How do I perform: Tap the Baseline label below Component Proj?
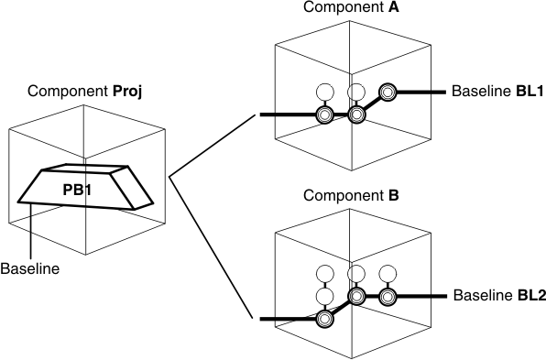[x=29, y=269]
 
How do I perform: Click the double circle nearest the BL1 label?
[x=388, y=93]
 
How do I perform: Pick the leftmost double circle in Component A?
[x=324, y=115]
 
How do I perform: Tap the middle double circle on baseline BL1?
[x=357, y=115]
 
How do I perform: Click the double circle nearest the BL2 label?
[x=388, y=297]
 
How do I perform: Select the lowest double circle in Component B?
[x=324, y=319]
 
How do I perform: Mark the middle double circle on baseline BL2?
[x=357, y=297]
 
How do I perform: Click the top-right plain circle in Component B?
[x=388, y=274]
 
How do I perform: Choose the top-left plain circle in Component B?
[x=324, y=274]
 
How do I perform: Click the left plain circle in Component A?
[x=324, y=93]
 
